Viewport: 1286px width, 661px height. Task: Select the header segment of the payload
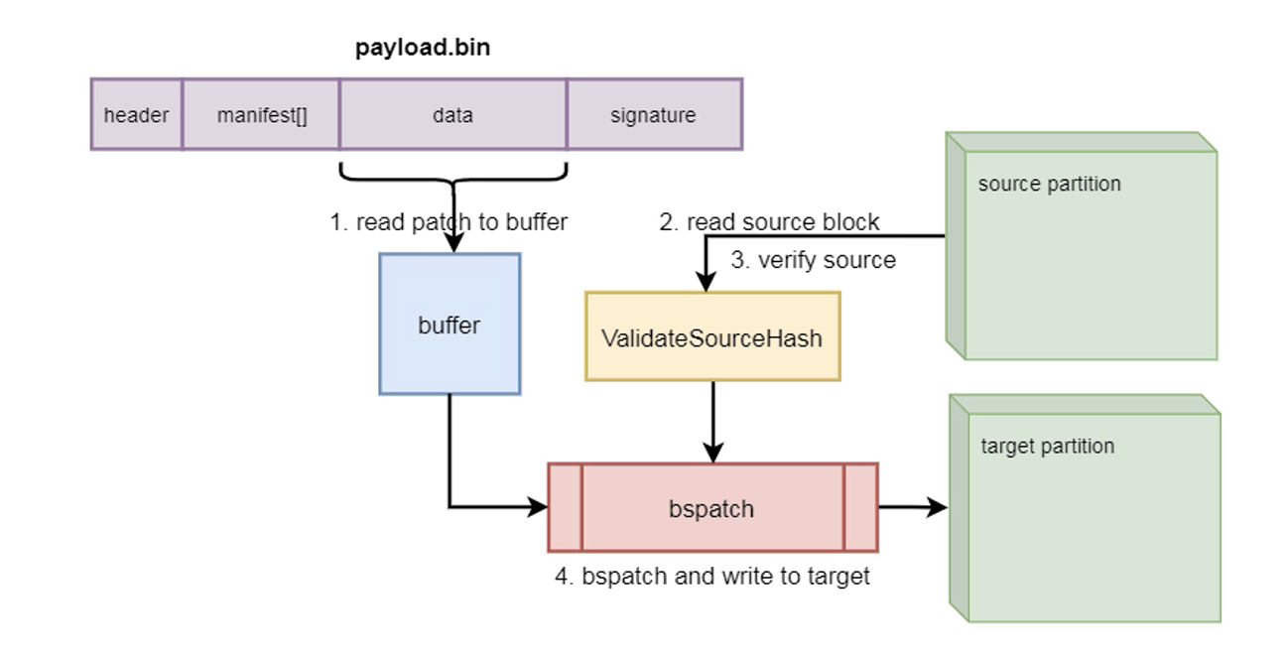[136, 115]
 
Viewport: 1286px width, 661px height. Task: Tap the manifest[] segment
[262, 115]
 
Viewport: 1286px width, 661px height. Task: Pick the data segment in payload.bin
[452, 115]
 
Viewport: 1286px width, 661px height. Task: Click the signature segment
[653, 115]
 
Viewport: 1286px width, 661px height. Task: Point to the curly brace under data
[452, 177]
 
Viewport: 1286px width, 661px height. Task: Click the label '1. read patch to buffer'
[449, 222]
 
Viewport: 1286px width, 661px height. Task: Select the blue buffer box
[450, 325]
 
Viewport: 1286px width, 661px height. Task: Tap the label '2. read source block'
[769, 222]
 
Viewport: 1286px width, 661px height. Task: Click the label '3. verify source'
[813, 260]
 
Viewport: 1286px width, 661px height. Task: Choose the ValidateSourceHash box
[712, 337]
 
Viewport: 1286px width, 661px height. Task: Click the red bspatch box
[712, 508]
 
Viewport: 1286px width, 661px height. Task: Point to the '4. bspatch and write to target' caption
[711, 576]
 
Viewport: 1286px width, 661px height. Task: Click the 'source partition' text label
[1049, 185]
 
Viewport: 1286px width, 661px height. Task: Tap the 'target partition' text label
[1047, 447]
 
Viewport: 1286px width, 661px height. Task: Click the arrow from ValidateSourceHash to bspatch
[712, 422]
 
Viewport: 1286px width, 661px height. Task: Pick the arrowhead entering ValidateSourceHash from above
[706, 283]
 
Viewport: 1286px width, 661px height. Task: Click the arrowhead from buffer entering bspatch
[539, 508]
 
